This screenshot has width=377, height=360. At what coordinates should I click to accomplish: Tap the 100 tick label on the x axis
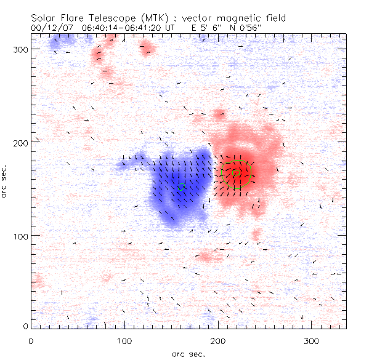tap(124, 340)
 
